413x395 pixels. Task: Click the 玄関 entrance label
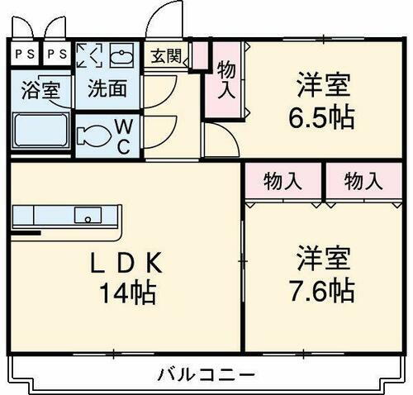click(165, 56)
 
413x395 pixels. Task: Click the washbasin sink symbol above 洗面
click(121, 57)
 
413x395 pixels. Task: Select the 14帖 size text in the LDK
click(129, 291)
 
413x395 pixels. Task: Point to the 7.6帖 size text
click(325, 291)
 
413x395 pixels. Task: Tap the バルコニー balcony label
click(205, 374)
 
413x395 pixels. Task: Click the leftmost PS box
click(25, 56)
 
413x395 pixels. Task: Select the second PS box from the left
click(56, 56)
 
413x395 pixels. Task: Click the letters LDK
click(128, 263)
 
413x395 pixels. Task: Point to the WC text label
click(121, 134)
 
